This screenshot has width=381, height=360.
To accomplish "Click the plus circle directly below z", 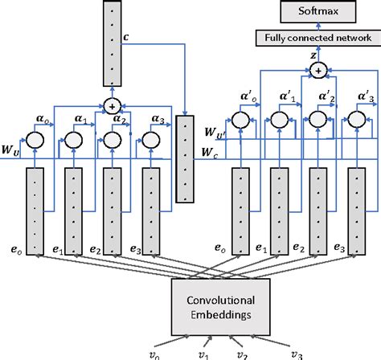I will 318,72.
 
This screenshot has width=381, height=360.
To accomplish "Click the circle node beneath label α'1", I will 279,120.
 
